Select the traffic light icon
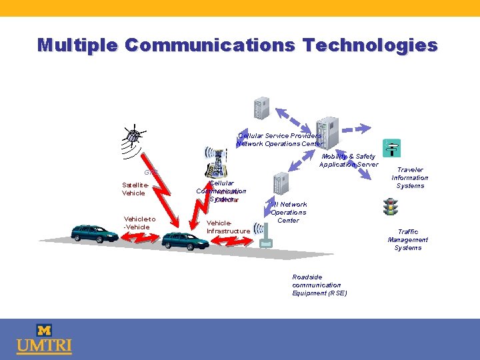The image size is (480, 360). (391, 207)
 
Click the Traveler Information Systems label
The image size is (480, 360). (409, 178)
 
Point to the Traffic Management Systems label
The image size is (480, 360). (408, 240)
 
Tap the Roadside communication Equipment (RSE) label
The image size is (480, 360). (319, 285)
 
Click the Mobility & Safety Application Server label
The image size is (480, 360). (348, 161)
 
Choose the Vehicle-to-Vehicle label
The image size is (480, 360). (140, 223)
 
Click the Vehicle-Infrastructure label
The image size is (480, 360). (228, 227)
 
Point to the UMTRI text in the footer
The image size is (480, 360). (44, 347)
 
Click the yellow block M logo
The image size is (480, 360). (44, 330)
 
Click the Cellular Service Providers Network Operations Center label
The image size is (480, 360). (280, 139)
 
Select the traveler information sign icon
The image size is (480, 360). (391, 148)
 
